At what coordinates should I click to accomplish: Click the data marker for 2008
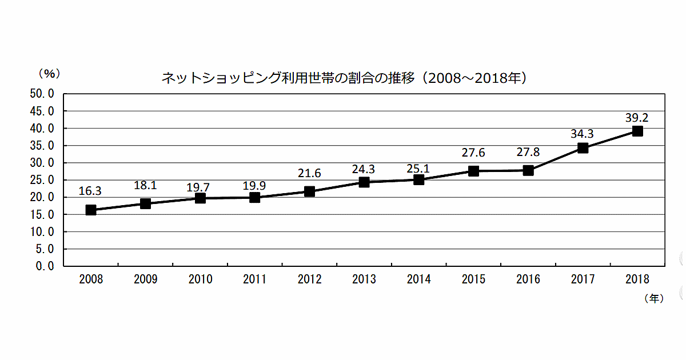pos(91,210)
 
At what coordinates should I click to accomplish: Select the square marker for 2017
pos(583,148)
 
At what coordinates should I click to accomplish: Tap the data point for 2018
pos(637,131)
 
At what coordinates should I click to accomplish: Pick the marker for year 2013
pos(364,182)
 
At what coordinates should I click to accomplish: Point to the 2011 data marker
pos(255,198)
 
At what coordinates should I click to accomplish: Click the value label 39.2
pos(637,118)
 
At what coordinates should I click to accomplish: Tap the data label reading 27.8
pos(528,153)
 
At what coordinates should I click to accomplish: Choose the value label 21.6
pos(310,173)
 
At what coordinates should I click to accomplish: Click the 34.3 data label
pos(582,134)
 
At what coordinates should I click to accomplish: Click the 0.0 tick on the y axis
pos(45,266)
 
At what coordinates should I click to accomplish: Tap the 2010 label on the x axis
pos(200,279)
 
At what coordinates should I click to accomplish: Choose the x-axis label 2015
pos(473,279)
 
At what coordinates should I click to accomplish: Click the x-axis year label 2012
pos(310,279)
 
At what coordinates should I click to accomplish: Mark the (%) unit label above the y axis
pos(49,73)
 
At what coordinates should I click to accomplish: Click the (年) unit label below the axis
pos(653,298)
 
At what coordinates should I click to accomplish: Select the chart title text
pos(343,78)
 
